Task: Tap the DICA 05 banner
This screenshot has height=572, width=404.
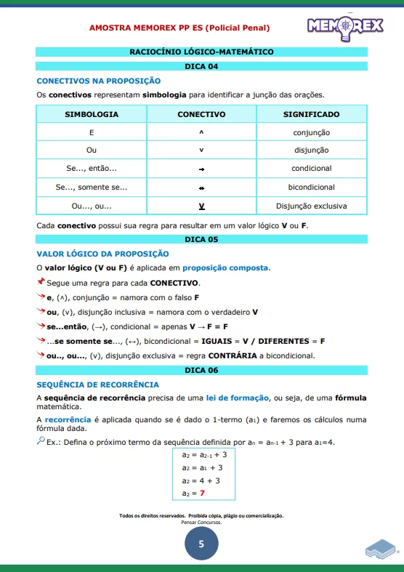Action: pos(201,239)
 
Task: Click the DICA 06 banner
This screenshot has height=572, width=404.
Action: pos(201,370)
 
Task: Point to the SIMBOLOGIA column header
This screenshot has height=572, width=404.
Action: pos(92,115)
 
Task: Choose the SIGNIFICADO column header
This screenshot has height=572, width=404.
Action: pos(311,115)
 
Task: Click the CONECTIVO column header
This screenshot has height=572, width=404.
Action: pos(201,115)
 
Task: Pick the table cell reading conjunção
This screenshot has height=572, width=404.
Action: pos(311,133)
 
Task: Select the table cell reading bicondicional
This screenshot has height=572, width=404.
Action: pos(311,188)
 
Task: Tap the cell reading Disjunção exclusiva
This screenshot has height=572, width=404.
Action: pos(311,206)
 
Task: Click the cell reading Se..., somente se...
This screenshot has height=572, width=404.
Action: pos(92,188)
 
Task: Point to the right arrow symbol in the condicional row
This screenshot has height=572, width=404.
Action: pos(201,169)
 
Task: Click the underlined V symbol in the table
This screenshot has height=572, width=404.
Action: pos(201,206)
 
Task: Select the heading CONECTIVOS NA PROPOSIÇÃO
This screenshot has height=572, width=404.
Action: pos(99,81)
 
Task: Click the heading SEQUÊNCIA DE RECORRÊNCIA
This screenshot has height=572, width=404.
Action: pos(97,384)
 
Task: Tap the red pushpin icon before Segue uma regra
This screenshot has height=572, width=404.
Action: pos(41,282)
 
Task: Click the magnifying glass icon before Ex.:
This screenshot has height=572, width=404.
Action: pos(41,441)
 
